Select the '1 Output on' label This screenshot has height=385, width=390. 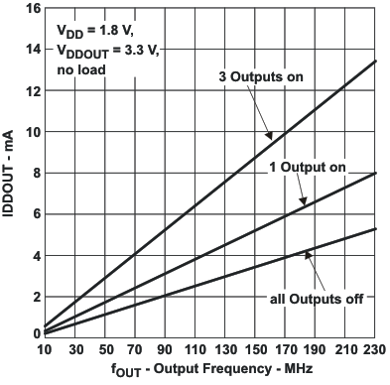click(x=308, y=168)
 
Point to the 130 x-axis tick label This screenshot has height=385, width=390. click(x=226, y=350)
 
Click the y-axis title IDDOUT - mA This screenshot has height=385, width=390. click(x=10, y=171)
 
